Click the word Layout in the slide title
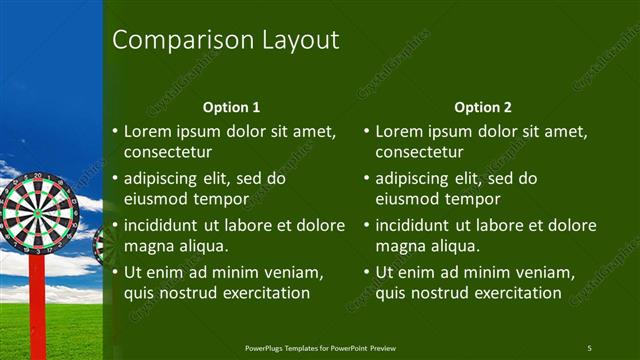[x=299, y=41]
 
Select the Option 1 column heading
[x=231, y=107]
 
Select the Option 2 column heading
[x=482, y=107]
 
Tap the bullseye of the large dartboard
[x=38, y=211]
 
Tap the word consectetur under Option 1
[x=167, y=153]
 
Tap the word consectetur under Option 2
[x=419, y=153]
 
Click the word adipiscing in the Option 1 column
[x=164, y=179]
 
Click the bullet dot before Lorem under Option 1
[x=114, y=132]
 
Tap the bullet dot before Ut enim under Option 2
[x=366, y=272]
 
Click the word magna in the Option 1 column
[x=147, y=246]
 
